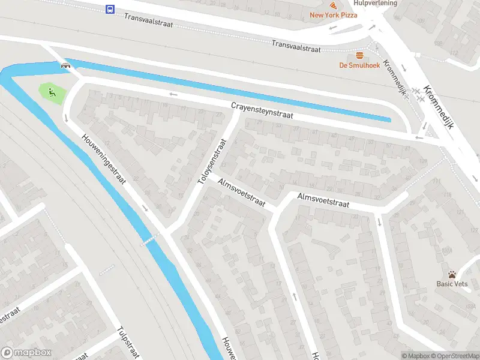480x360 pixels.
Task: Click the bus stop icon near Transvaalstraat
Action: tap(110, 9)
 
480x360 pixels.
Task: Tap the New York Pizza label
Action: tap(333, 15)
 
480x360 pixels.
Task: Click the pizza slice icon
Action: tap(333, 5)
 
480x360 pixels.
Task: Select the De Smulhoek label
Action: tap(359, 65)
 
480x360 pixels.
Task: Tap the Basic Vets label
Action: tap(452, 284)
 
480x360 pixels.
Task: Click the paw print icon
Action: tap(452, 274)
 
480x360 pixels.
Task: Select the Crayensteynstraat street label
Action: tap(262, 110)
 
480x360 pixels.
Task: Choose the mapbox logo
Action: tap(26, 353)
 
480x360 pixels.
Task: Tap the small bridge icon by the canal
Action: tap(64, 66)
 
